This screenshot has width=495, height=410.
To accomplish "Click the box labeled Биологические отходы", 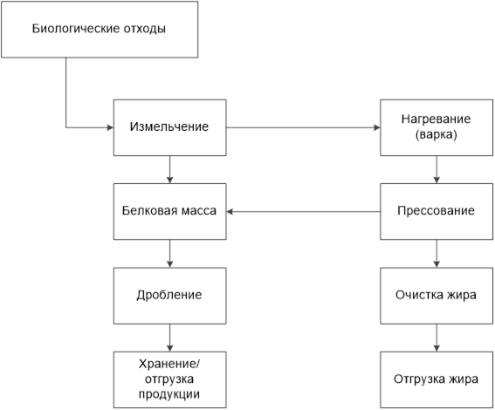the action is pyautogui.click(x=100, y=30).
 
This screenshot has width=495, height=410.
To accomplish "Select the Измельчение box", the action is pyautogui.click(x=170, y=127).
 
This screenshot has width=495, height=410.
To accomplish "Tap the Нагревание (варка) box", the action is pyautogui.click(x=437, y=127).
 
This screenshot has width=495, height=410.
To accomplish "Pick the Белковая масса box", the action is pyautogui.click(x=170, y=212).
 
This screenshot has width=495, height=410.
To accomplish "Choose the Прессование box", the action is pyautogui.click(x=437, y=212).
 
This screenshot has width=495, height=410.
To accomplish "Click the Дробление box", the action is pyautogui.click(x=170, y=296).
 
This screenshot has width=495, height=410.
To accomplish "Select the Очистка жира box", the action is pyautogui.click(x=437, y=296).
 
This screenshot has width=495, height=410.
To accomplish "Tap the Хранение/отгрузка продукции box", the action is pyautogui.click(x=170, y=379).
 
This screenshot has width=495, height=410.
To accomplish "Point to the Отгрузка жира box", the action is pyautogui.click(x=437, y=379).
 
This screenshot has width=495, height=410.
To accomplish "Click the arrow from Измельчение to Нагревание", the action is pyautogui.click(x=304, y=127).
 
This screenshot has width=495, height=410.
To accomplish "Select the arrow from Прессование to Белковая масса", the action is pyautogui.click(x=304, y=212).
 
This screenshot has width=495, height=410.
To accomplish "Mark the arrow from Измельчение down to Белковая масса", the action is pyautogui.click(x=170, y=170).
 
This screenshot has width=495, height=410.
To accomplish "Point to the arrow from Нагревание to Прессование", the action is pyautogui.click(x=437, y=170).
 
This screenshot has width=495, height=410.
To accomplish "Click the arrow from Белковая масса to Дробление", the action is pyautogui.click(x=170, y=254).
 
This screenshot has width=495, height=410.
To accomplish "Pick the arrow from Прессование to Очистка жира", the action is pyautogui.click(x=437, y=254).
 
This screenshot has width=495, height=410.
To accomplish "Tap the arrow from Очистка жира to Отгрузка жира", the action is pyautogui.click(x=437, y=338).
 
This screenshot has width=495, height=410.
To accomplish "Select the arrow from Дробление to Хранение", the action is pyautogui.click(x=170, y=338).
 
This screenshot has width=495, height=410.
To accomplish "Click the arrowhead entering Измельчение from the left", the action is pyautogui.click(x=111, y=127).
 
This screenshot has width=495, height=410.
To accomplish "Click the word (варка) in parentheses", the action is pyautogui.click(x=437, y=135).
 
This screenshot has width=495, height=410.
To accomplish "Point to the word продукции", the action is pyautogui.click(x=169, y=394).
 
